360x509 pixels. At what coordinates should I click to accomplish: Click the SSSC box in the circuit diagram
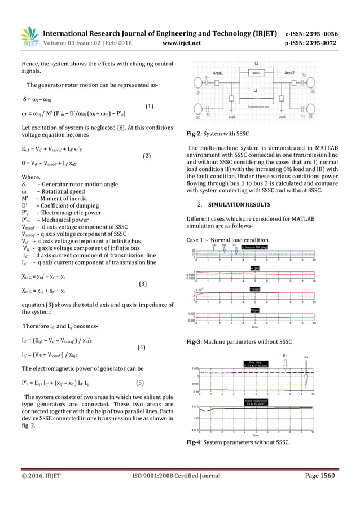point(256,73)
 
